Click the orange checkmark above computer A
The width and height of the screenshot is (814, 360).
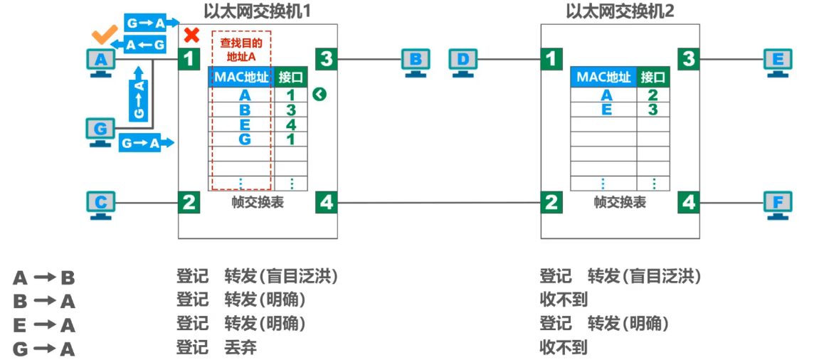[x=105, y=35]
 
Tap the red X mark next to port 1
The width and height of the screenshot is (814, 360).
[x=191, y=35]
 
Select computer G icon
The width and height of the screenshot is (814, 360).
[x=100, y=132]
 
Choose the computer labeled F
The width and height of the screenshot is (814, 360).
[x=777, y=203]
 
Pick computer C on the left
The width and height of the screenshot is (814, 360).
[x=100, y=203]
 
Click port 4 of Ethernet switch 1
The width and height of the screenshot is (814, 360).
[x=326, y=203]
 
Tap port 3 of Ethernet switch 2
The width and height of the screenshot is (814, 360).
[x=687, y=58]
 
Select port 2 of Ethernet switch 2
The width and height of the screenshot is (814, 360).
[x=551, y=203]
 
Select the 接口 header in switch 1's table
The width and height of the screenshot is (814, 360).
[x=291, y=77]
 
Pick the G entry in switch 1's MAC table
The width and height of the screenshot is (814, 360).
[x=245, y=139]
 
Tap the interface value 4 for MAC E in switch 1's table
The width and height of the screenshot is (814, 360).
[x=291, y=125]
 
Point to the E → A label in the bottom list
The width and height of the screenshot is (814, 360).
[x=44, y=325]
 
